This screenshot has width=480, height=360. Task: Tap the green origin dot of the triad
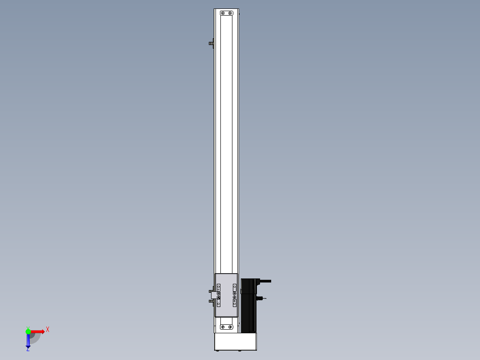tap(28, 331)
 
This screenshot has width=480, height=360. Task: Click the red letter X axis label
tap(48, 330)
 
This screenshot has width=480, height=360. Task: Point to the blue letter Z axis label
tap(28, 349)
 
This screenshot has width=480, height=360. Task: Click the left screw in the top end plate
tap(223, 13)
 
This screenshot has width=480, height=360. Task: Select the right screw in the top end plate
tap(230, 13)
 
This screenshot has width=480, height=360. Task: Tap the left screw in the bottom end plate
tap(223, 327)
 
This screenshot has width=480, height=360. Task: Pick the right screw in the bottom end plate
tap(230, 327)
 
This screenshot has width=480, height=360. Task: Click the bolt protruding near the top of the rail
tap(211, 44)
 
